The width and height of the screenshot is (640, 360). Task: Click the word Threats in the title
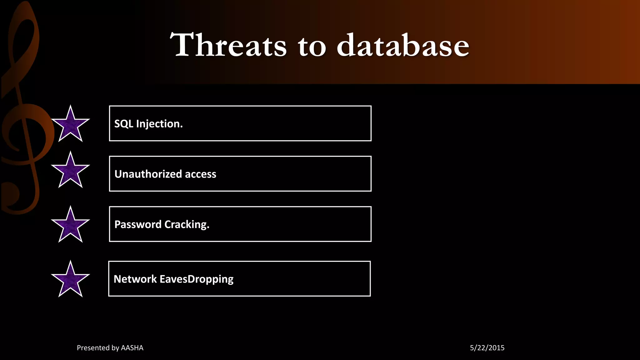coord(228,45)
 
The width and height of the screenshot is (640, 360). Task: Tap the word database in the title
coord(403,45)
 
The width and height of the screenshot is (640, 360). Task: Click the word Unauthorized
coord(148,174)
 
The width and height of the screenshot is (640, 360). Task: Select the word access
coord(201,174)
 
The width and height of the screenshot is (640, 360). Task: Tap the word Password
coord(138,224)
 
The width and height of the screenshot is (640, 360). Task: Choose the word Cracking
coord(187,225)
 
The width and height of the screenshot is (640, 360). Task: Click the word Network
coord(135,279)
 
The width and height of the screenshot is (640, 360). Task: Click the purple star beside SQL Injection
coord(70,125)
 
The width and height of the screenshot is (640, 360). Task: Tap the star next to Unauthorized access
coord(70,171)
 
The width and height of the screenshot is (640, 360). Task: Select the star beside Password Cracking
coord(70,226)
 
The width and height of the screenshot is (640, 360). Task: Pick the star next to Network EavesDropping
coord(70,280)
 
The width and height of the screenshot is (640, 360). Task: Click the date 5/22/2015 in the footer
coord(487,348)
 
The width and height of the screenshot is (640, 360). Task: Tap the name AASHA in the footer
coord(132,348)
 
